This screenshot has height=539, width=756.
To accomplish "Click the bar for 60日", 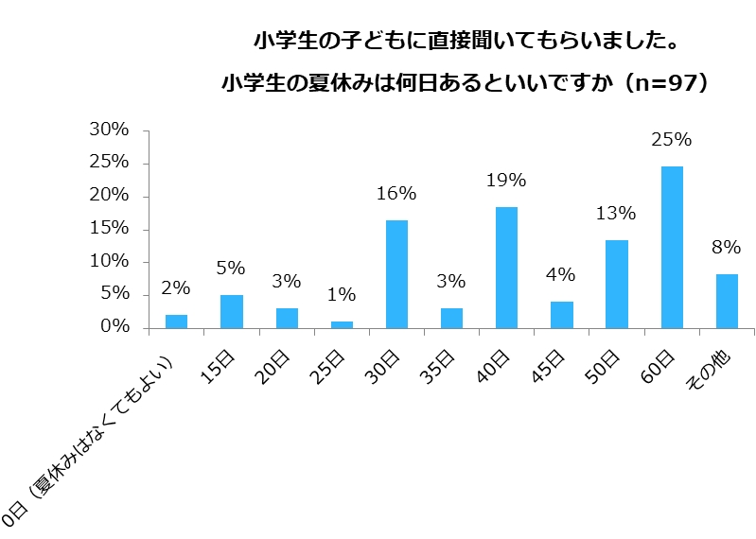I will pos(672,248).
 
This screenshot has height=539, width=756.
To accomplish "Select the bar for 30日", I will pos(396,274).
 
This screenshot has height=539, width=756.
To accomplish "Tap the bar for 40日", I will pos(506,268).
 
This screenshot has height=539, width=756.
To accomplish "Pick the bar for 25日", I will pos(342,324).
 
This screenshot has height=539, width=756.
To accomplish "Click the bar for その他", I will pos(727,301).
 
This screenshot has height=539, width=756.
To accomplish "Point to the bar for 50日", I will pos(617,284).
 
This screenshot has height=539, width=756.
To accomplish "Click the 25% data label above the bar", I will pos(672,140).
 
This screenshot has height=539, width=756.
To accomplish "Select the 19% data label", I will pos(506,181).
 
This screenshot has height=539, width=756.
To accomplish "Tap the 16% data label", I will pos(396,194).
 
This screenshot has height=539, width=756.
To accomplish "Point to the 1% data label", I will pos(342,296).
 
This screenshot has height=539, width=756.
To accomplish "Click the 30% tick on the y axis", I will pos(109,130).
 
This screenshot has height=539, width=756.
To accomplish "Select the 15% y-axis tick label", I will pos(109,229).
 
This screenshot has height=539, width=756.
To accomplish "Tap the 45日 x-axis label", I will pos(552,369).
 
